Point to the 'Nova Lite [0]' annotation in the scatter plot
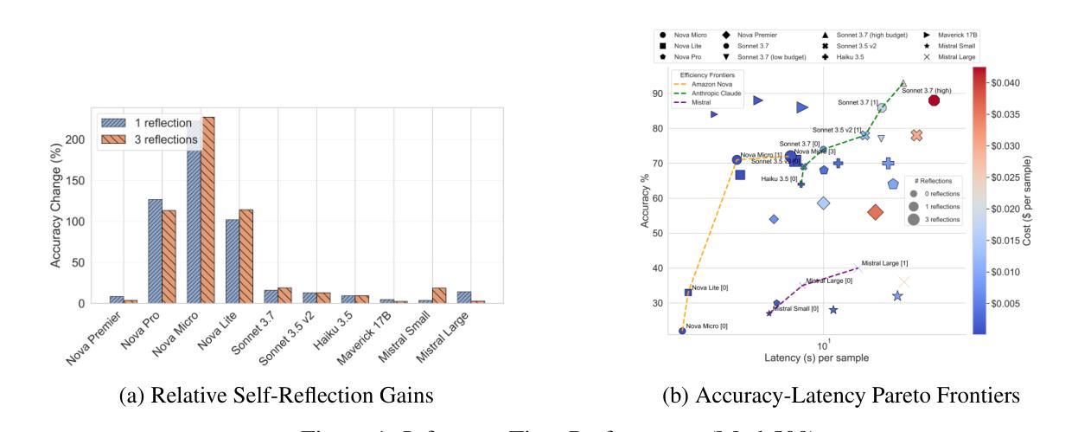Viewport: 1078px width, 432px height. [710, 287]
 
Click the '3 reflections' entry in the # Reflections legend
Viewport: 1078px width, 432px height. [937, 220]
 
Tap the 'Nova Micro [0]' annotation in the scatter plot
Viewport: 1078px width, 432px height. [707, 326]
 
